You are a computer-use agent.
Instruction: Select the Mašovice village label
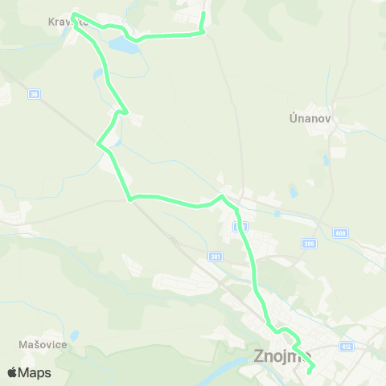[x=42, y=344]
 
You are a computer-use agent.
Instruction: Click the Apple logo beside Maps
[x=12, y=372]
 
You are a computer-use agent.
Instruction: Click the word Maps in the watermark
[x=35, y=372]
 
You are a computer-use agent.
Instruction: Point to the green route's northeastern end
[x=203, y=14]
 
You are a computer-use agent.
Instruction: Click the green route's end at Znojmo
[x=310, y=372]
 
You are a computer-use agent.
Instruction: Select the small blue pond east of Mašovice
[x=74, y=335]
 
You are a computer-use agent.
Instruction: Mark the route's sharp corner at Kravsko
[x=74, y=14]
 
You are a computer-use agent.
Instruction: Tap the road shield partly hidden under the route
[x=240, y=228]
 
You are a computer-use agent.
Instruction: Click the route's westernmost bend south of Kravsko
[x=98, y=146]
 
